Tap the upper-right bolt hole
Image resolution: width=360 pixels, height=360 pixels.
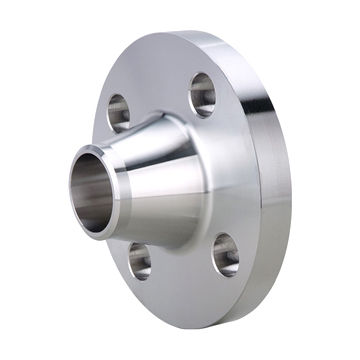(203, 93)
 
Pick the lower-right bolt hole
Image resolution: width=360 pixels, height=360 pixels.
(225, 255)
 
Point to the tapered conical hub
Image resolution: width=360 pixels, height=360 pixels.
(165, 180)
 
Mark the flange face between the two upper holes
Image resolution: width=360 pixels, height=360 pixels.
(160, 85)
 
